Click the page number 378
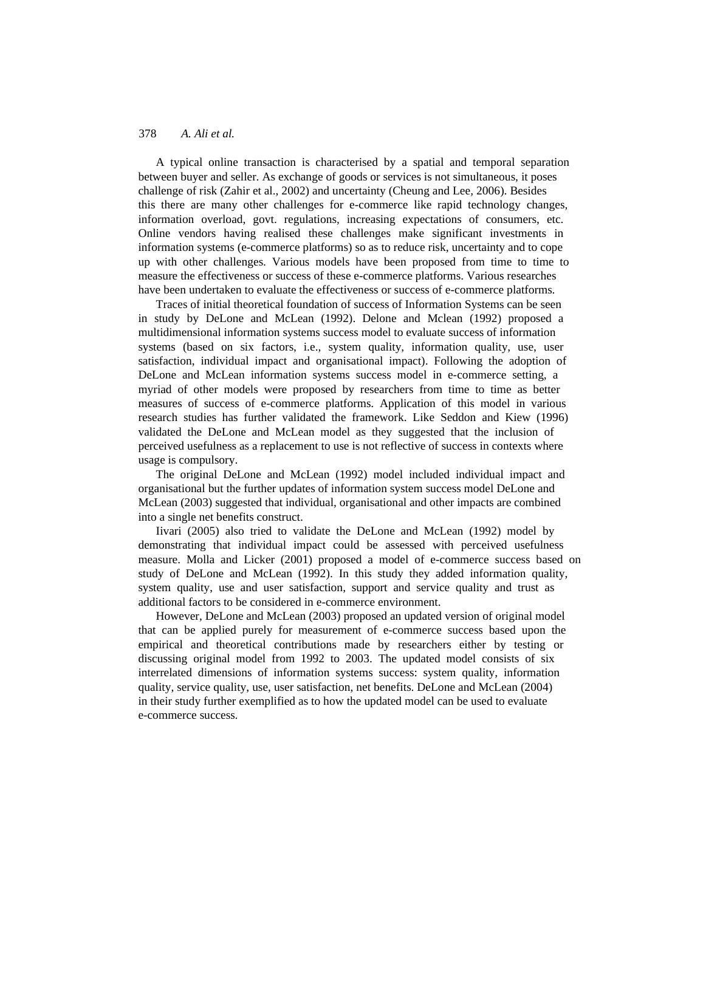(x=148, y=134)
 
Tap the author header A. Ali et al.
(x=207, y=134)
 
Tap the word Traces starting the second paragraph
(x=172, y=304)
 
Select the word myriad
(x=155, y=389)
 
